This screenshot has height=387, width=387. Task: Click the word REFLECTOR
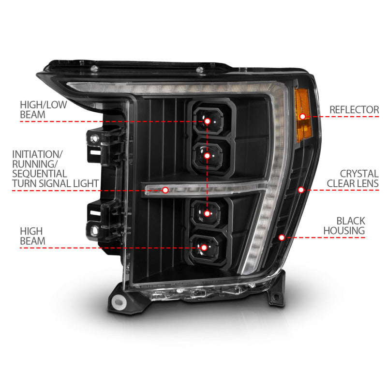(354, 110)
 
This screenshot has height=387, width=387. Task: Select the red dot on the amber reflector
(303, 116)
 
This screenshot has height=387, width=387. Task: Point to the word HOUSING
(344, 231)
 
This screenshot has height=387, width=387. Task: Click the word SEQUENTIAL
(40, 173)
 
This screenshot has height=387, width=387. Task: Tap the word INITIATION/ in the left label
(38, 154)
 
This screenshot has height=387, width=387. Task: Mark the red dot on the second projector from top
(207, 156)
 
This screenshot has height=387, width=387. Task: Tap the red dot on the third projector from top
(207, 213)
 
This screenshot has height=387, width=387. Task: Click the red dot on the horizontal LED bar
(165, 190)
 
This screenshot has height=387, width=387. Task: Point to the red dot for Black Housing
(282, 237)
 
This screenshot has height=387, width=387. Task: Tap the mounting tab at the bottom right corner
(276, 295)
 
